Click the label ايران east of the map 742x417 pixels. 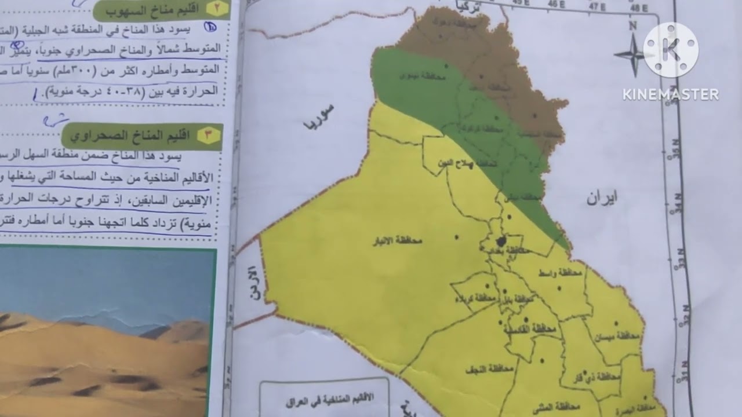coord(601,198)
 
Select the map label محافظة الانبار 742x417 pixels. coord(397,241)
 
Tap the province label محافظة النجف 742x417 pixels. coord(492,368)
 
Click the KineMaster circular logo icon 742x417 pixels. coord(671,50)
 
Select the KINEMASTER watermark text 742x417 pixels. coord(671,94)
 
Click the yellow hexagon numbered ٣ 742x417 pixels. coord(208,136)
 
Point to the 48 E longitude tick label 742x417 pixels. coord(639,8)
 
